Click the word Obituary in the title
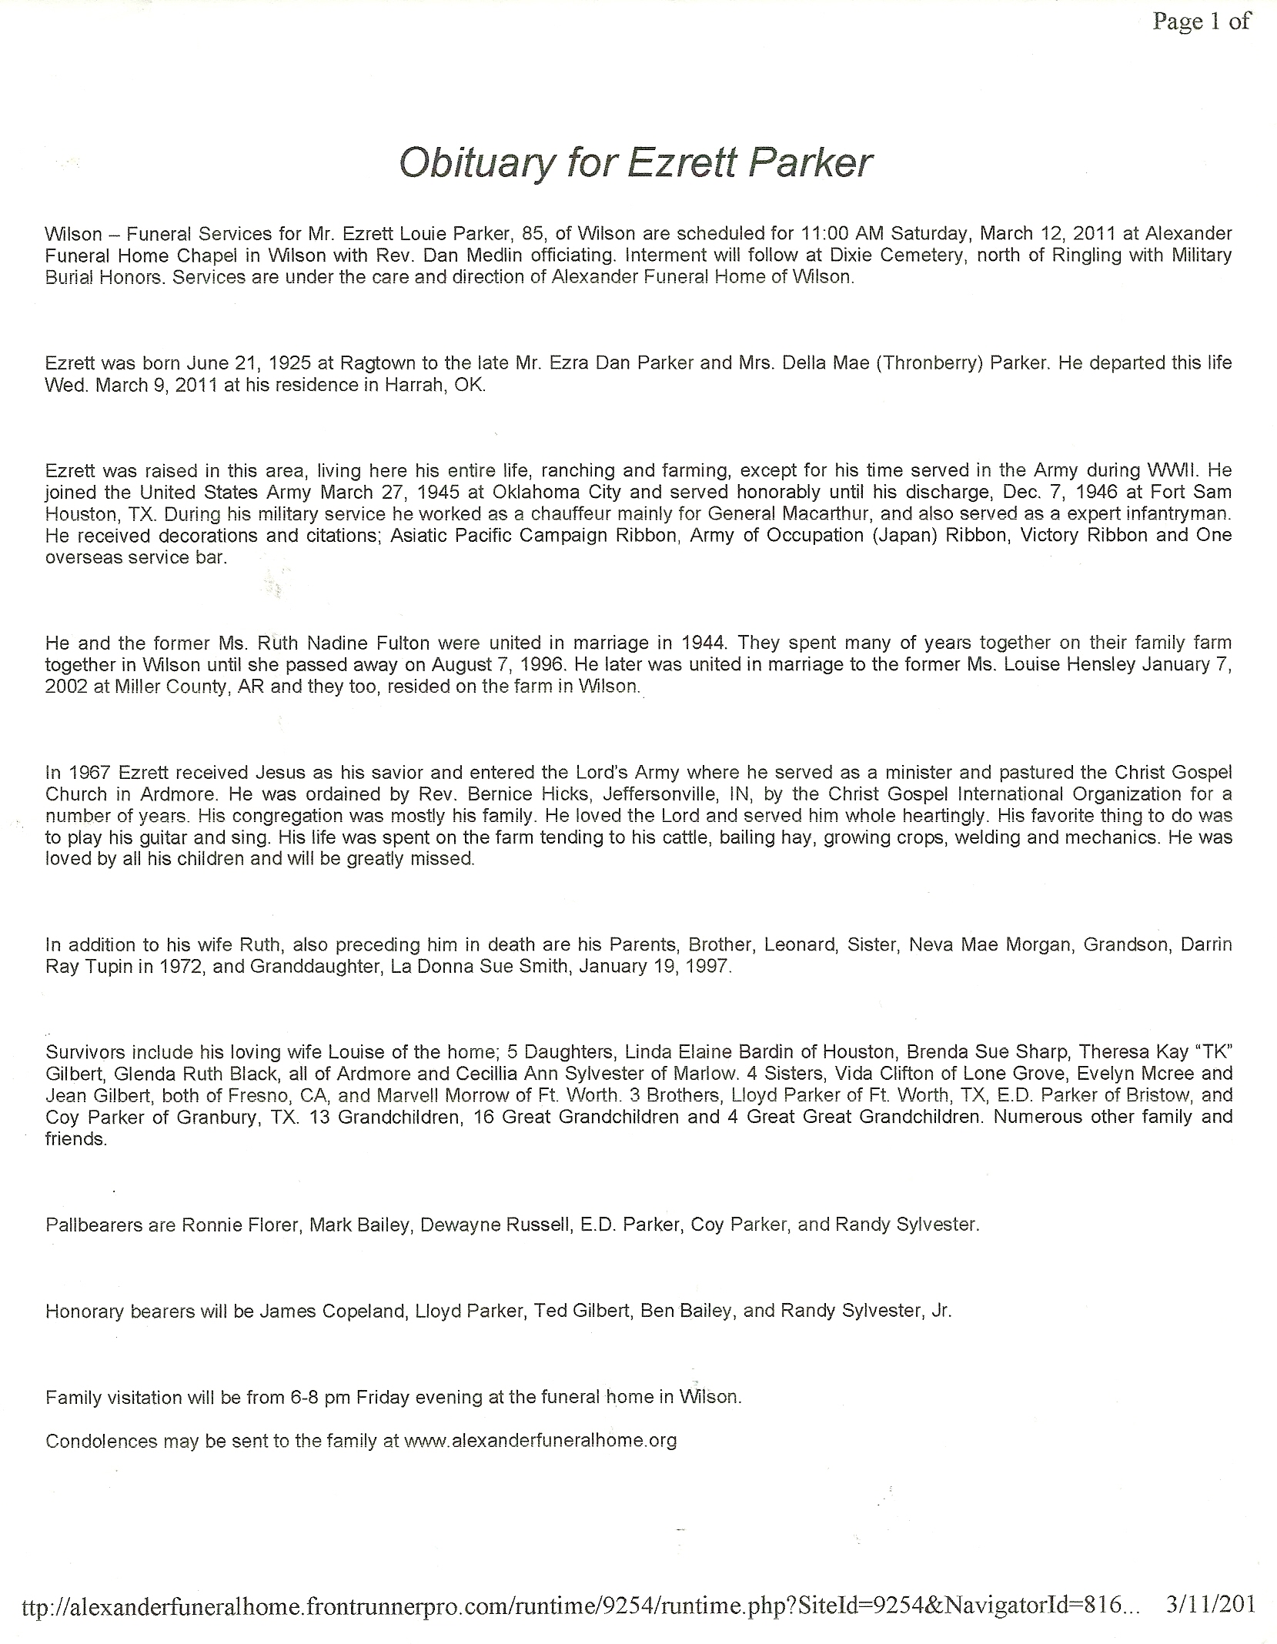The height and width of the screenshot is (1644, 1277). (470, 164)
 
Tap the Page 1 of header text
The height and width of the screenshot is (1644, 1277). (1201, 22)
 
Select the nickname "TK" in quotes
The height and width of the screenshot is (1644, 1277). (1212, 1051)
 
